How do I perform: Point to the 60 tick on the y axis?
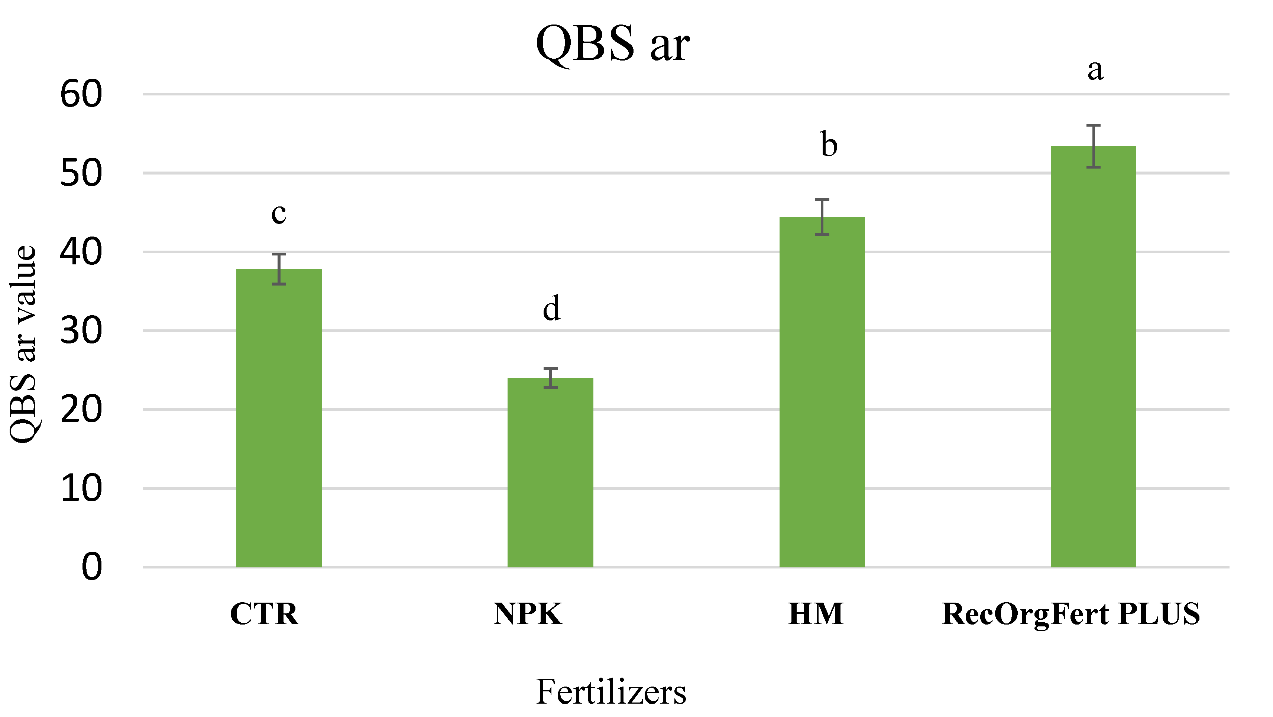(81, 94)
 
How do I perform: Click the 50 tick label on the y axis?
(81, 173)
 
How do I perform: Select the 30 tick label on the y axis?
(81, 331)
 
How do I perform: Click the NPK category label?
(528, 614)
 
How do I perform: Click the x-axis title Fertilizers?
(611, 691)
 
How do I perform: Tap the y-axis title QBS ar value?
(24, 344)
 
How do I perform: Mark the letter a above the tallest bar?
(1095, 70)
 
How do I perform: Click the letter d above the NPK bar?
(551, 308)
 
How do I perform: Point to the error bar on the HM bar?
(822, 217)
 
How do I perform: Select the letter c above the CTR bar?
(279, 214)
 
